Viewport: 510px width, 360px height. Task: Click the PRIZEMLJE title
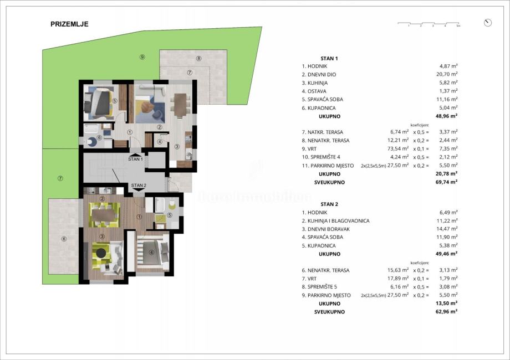(69, 24)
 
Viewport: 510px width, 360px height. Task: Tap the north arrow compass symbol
(487, 23)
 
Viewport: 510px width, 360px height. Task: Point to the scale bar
(429, 24)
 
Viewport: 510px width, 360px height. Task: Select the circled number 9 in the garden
(142, 57)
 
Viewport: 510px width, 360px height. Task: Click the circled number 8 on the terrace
(198, 58)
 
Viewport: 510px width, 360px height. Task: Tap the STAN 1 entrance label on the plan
(136, 158)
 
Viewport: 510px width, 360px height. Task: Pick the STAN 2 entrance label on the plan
(139, 185)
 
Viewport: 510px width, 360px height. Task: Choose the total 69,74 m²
(446, 182)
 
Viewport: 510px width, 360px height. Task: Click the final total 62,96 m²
(446, 312)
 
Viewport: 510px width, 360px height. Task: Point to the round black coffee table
(101, 253)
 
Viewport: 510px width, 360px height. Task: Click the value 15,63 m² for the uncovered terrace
(399, 270)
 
